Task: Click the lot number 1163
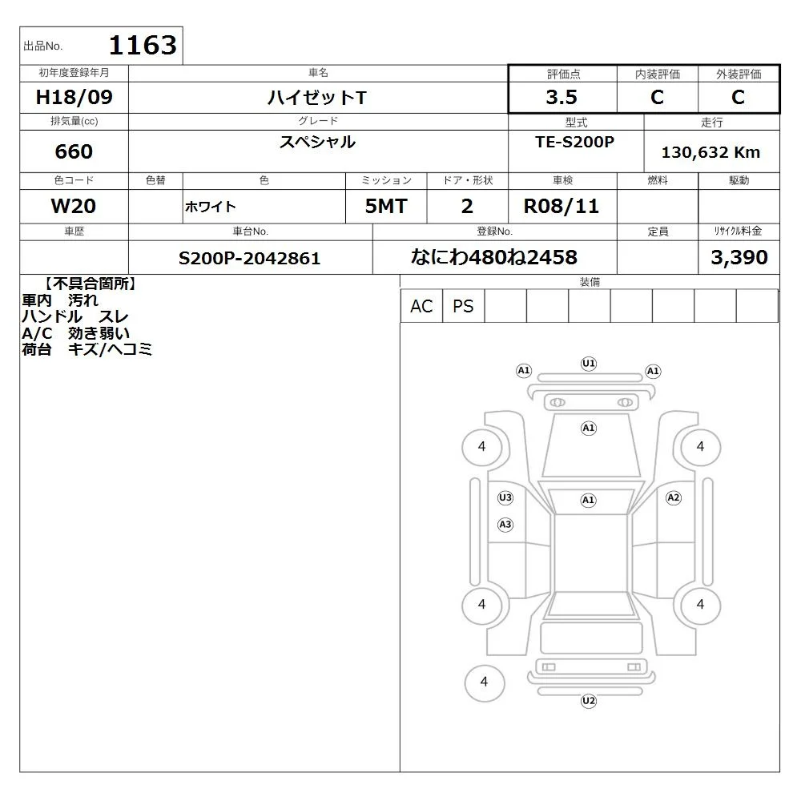(x=143, y=45)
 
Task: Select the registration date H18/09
(x=74, y=97)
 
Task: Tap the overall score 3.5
(x=562, y=97)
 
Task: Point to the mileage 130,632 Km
(x=710, y=152)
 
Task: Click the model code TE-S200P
(x=574, y=142)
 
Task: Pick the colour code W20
(x=74, y=206)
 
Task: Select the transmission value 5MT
(x=386, y=206)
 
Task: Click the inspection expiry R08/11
(x=562, y=206)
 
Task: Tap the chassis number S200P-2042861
(x=249, y=258)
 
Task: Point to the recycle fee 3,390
(x=739, y=257)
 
